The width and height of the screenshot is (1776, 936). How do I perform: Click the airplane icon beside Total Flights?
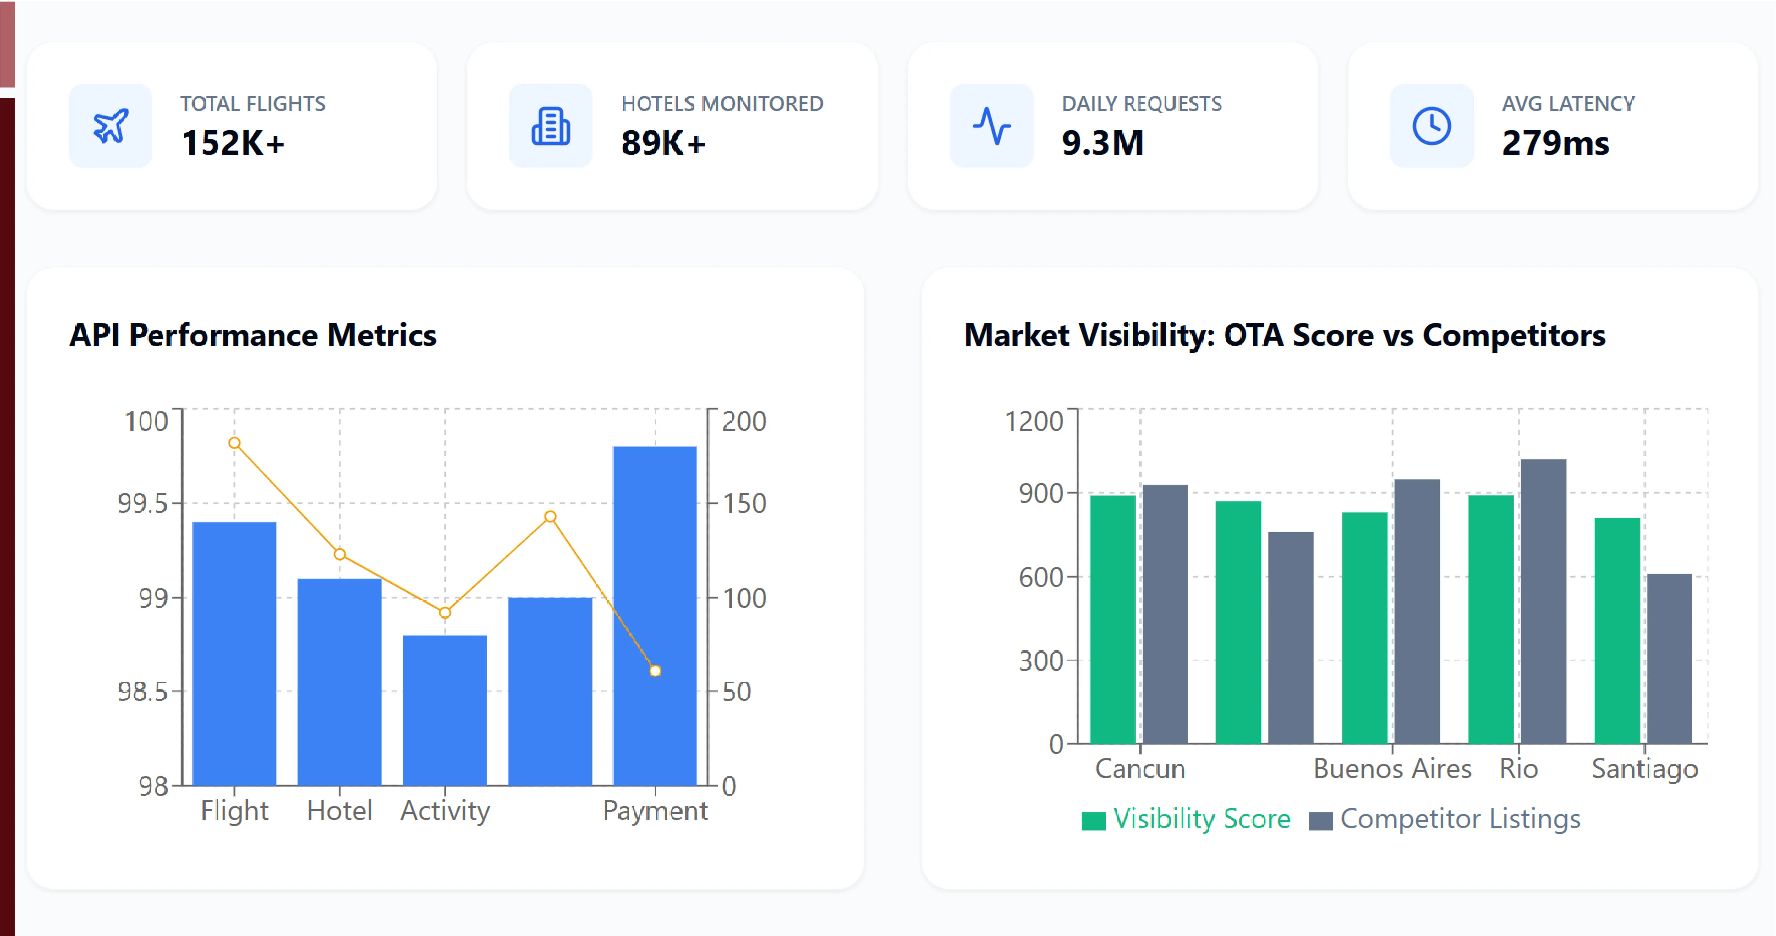pos(110,125)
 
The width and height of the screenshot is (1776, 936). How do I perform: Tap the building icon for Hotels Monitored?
pos(550,125)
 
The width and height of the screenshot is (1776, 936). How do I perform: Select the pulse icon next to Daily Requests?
pos(991,125)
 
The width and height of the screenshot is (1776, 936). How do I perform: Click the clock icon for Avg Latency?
pos(1431,125)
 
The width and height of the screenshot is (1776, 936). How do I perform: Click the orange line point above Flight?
pos(234,442)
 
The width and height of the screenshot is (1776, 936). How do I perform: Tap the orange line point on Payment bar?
pos(655,671)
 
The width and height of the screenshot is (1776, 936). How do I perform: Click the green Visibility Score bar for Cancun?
pos(1113,620)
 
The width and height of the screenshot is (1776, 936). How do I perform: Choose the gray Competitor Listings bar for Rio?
pos(1543,602)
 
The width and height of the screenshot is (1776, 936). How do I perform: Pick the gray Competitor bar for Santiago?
pos(1669,659)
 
